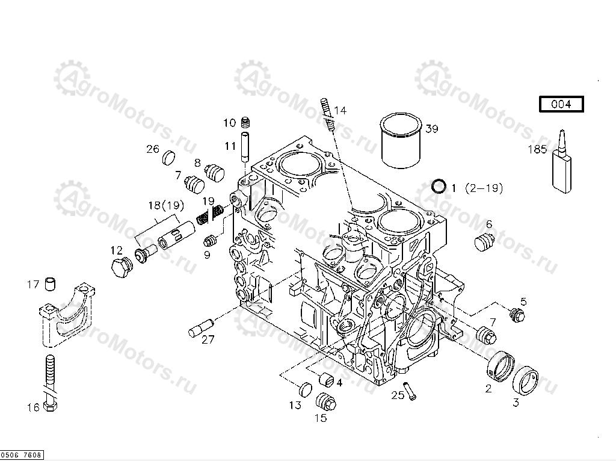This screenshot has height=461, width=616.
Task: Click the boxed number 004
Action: (561, 104)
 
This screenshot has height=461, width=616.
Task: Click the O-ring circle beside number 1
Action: (439, 187)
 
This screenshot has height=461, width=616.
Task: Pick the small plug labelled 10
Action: (245, 123)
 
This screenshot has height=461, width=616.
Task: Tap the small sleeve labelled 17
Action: (51, 283)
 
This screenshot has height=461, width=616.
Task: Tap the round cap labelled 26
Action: (169, 158)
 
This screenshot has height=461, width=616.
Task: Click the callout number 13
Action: (295, 405)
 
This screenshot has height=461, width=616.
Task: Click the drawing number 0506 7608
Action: (21, 455)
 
